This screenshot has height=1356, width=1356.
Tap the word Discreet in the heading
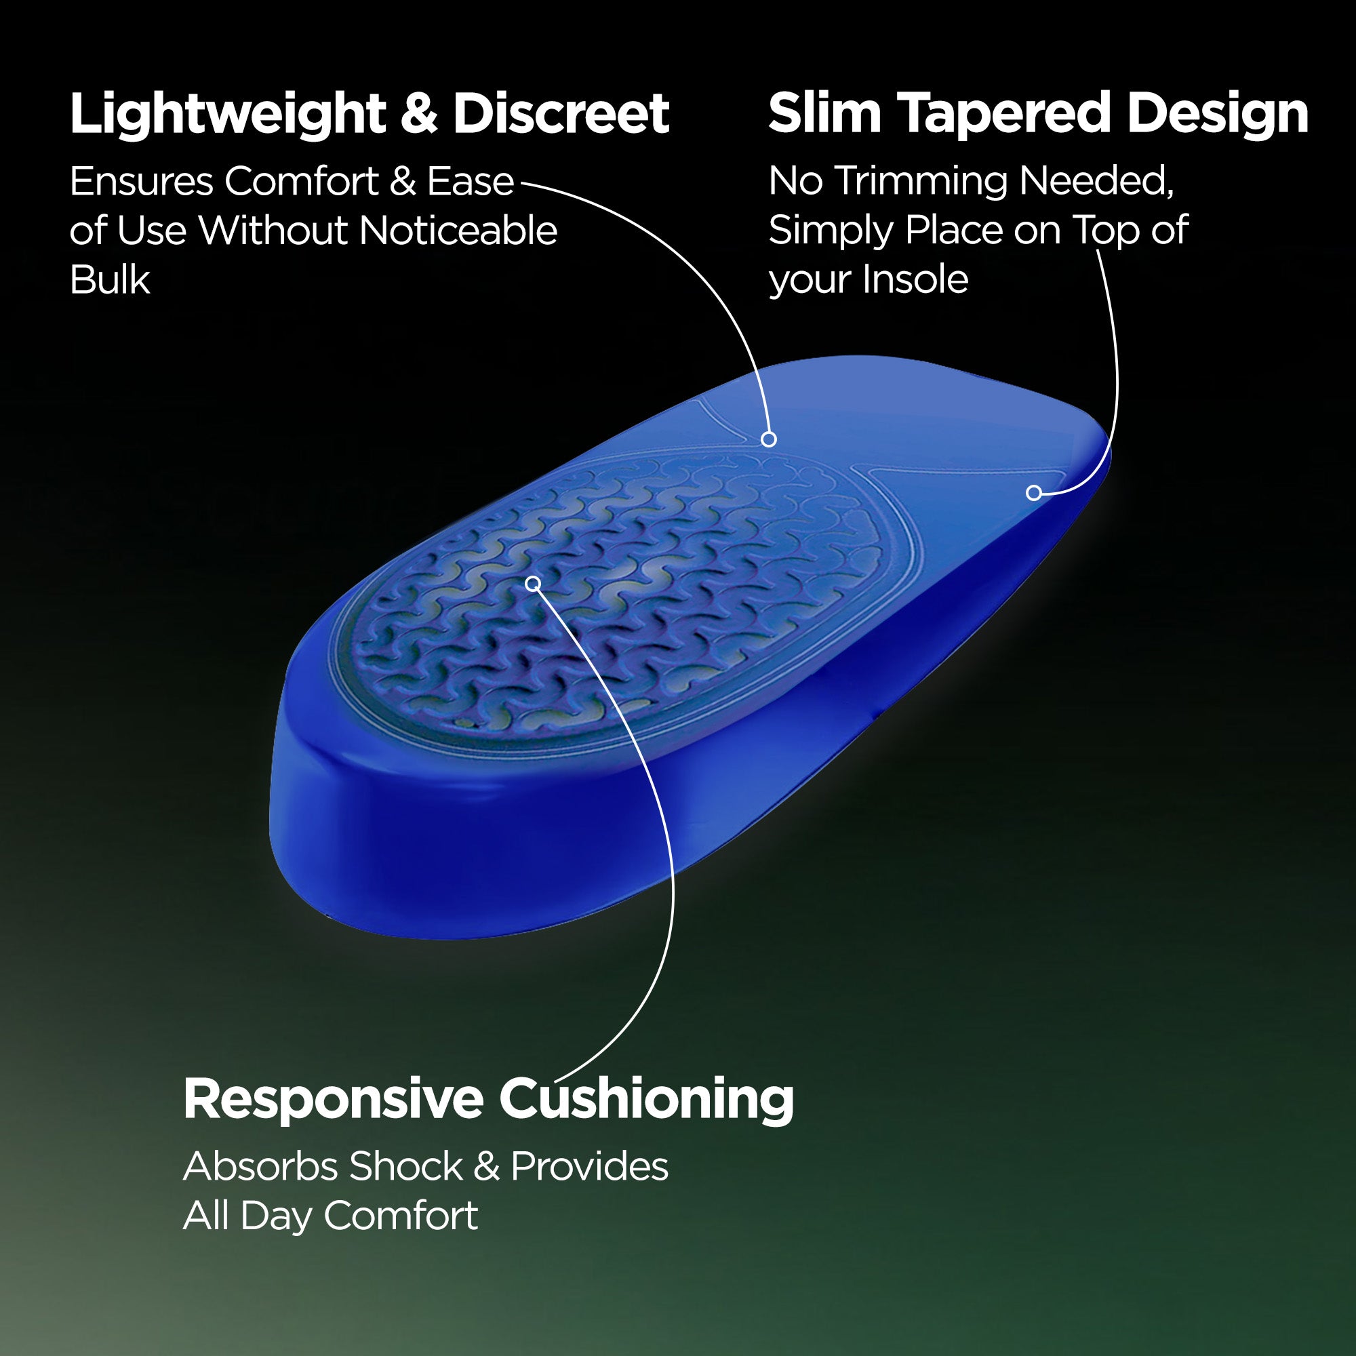pos(561,114)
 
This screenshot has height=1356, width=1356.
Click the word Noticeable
pos(458,231)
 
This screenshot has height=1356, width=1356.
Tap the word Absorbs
pos(260,1166)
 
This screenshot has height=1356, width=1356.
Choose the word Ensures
pos(141,182)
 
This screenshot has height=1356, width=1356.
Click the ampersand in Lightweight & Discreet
pos(420,115)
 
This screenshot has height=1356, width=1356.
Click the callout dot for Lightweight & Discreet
pos(769,439)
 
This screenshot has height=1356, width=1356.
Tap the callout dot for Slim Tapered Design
pos(1033,493)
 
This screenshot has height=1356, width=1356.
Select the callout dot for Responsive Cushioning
pos(534,583)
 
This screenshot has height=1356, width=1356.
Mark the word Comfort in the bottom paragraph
pos(401,1216)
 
